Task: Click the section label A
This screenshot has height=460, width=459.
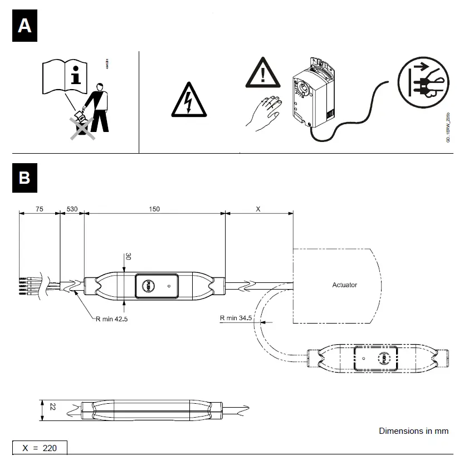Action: click(25, 26)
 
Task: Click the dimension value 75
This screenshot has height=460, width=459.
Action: click(39, 209)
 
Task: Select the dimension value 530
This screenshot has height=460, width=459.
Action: click(72, 209)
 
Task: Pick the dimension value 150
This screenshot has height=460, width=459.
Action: click(154, 209)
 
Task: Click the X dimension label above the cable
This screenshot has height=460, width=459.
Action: click(257, 209)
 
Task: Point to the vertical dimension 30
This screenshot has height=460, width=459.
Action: click(128, 257)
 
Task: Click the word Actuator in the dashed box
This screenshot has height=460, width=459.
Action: click(344, 285)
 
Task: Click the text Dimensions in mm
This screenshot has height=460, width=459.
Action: click(413, 431)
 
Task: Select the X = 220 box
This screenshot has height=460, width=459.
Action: click(40, 448)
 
